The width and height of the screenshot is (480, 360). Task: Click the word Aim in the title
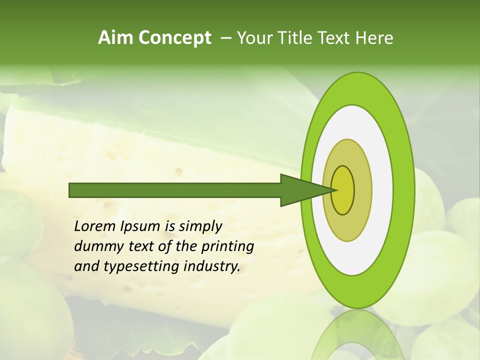click(x=115, y=38)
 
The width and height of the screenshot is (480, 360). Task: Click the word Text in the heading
click(x=337, y=38)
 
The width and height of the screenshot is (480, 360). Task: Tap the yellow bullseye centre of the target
click(x=343, y=190)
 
